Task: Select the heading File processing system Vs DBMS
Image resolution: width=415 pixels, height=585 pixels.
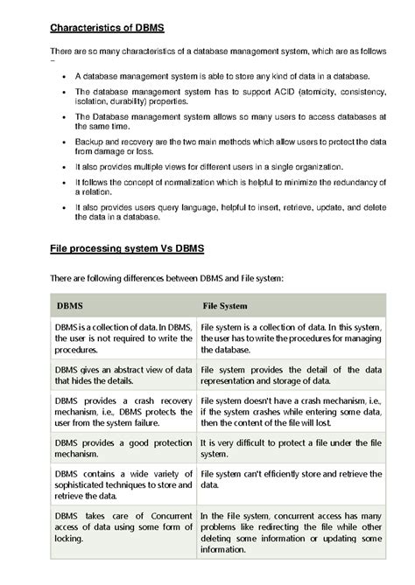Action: (x=126, y=249)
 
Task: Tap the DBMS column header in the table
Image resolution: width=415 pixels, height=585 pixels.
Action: (x=72, y=306)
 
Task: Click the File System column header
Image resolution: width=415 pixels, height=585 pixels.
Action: (x=225, y=306)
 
